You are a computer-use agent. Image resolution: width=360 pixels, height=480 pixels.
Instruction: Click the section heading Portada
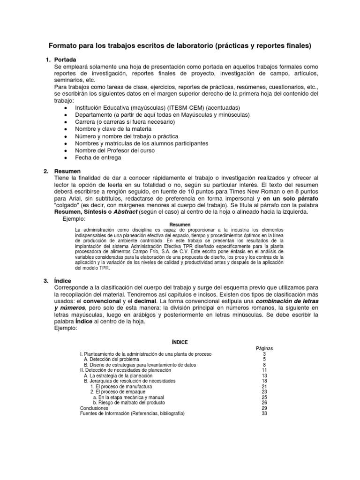pos(65,60)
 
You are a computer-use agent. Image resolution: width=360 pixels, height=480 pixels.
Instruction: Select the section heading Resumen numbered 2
pos(67,171)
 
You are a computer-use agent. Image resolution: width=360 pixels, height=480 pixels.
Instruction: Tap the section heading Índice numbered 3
pos(62,280)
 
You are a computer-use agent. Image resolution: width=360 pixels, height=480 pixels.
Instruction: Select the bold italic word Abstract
pos(123,212)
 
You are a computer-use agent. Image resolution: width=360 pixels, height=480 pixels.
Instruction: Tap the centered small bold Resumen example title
pos(180,225)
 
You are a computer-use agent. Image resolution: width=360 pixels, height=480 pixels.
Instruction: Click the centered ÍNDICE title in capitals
pos(180,342)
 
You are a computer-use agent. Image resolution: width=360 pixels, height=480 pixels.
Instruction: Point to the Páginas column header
pos(264,348)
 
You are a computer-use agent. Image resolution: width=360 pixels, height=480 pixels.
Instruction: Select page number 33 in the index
pos(264,414)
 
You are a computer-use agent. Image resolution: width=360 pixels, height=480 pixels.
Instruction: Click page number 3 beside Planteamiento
pos(264,354)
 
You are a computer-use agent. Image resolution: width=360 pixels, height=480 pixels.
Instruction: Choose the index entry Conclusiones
pos(94,408)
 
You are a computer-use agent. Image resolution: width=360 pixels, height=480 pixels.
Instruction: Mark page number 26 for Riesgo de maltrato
pos(264,403)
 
